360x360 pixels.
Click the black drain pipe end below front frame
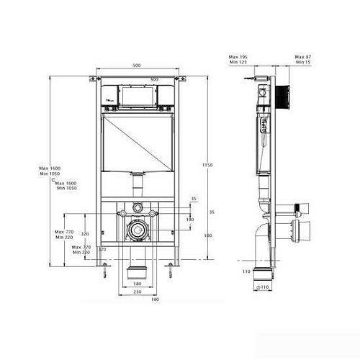[135, 272]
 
